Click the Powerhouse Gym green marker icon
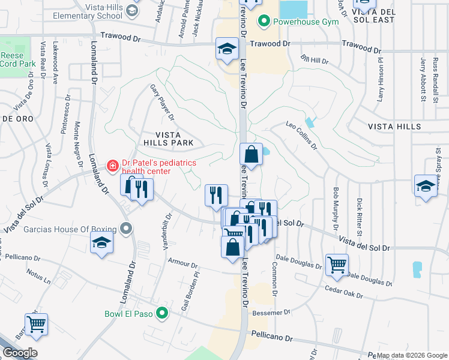coord(263,22)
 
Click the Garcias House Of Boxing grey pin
coord(125,229)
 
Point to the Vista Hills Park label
coord(168,139)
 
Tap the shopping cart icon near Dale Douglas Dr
coord(337,264)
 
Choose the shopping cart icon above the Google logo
coord(36,324)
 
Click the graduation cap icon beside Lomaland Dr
coord(101,243)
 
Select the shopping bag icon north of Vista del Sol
coord(252,154)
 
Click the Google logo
coord(20,353)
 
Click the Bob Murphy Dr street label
coord(336,209)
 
